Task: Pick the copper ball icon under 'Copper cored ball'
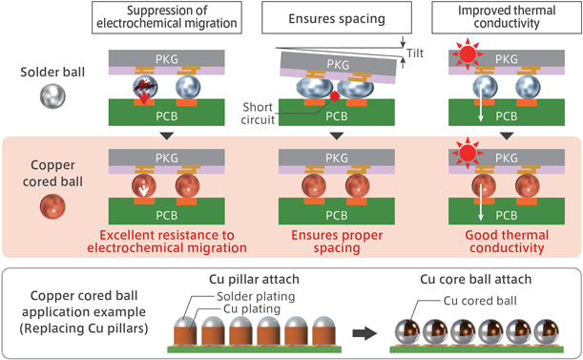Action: [x=54, y=208]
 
